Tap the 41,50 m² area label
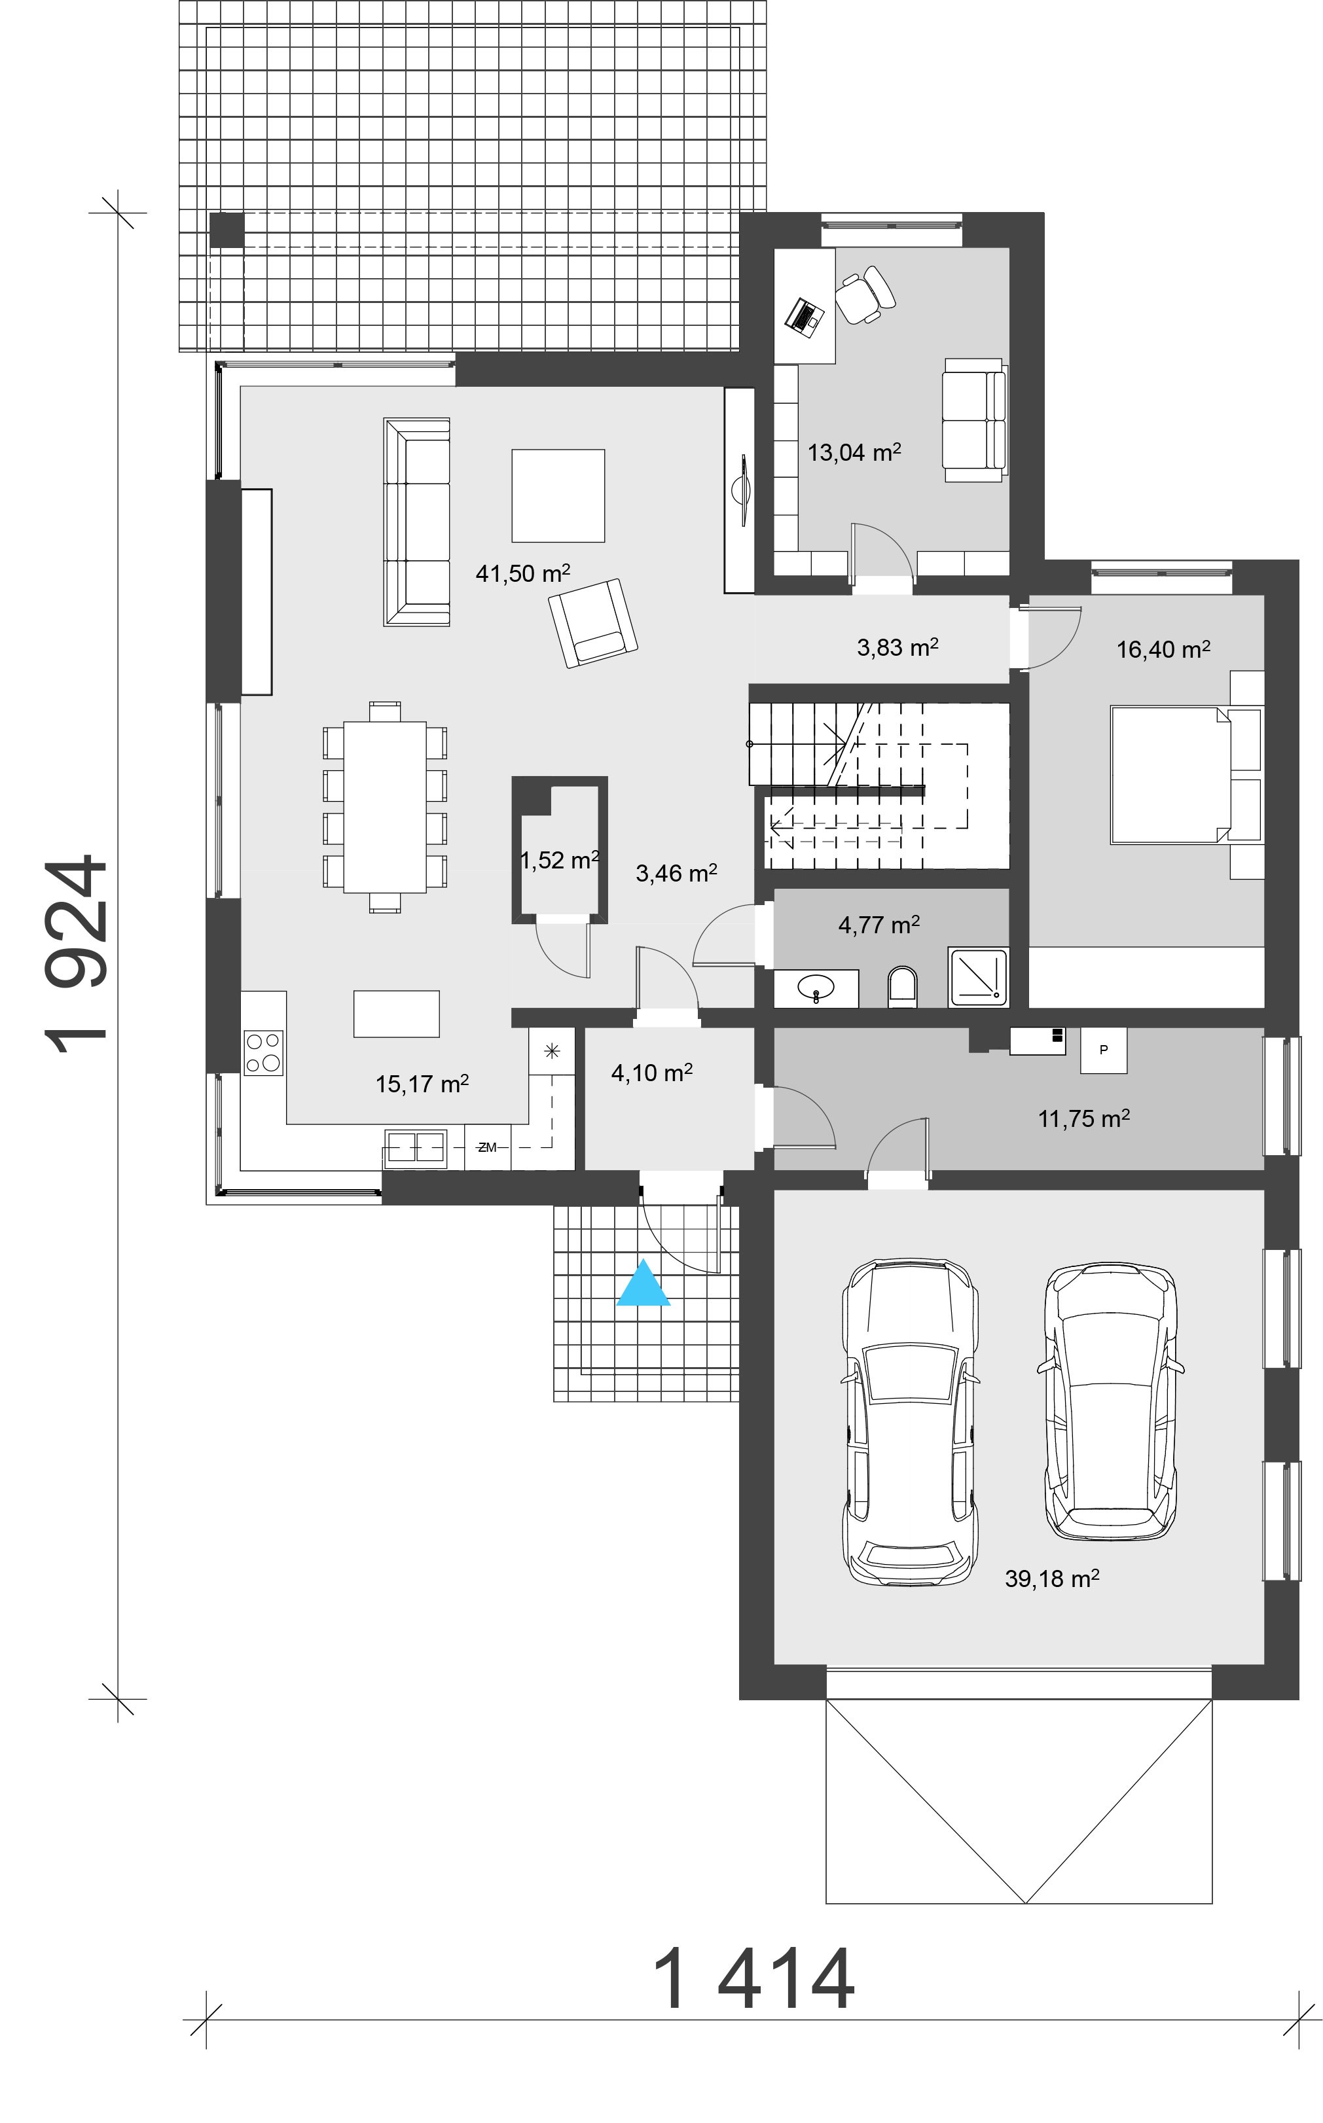(x=522, y=574)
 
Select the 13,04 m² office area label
(x=853, y=452)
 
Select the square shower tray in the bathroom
(x=977, y=976)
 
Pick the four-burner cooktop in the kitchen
(x=263, y=1052)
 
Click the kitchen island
(x=396, y=1013)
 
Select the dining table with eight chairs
(x=385, y=806)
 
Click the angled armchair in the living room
(x=592, y=623)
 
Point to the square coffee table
(x=558, y=496)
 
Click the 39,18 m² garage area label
(x=1051, y=1578)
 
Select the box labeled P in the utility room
(x=1104, y=1050)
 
